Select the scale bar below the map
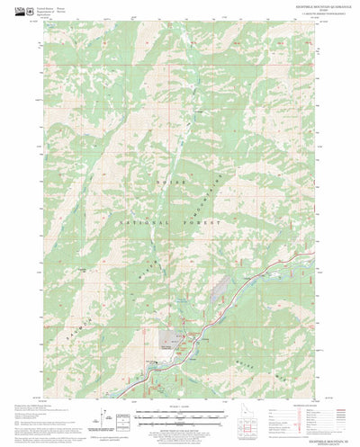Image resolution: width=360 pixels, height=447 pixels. [x=180, y=416]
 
